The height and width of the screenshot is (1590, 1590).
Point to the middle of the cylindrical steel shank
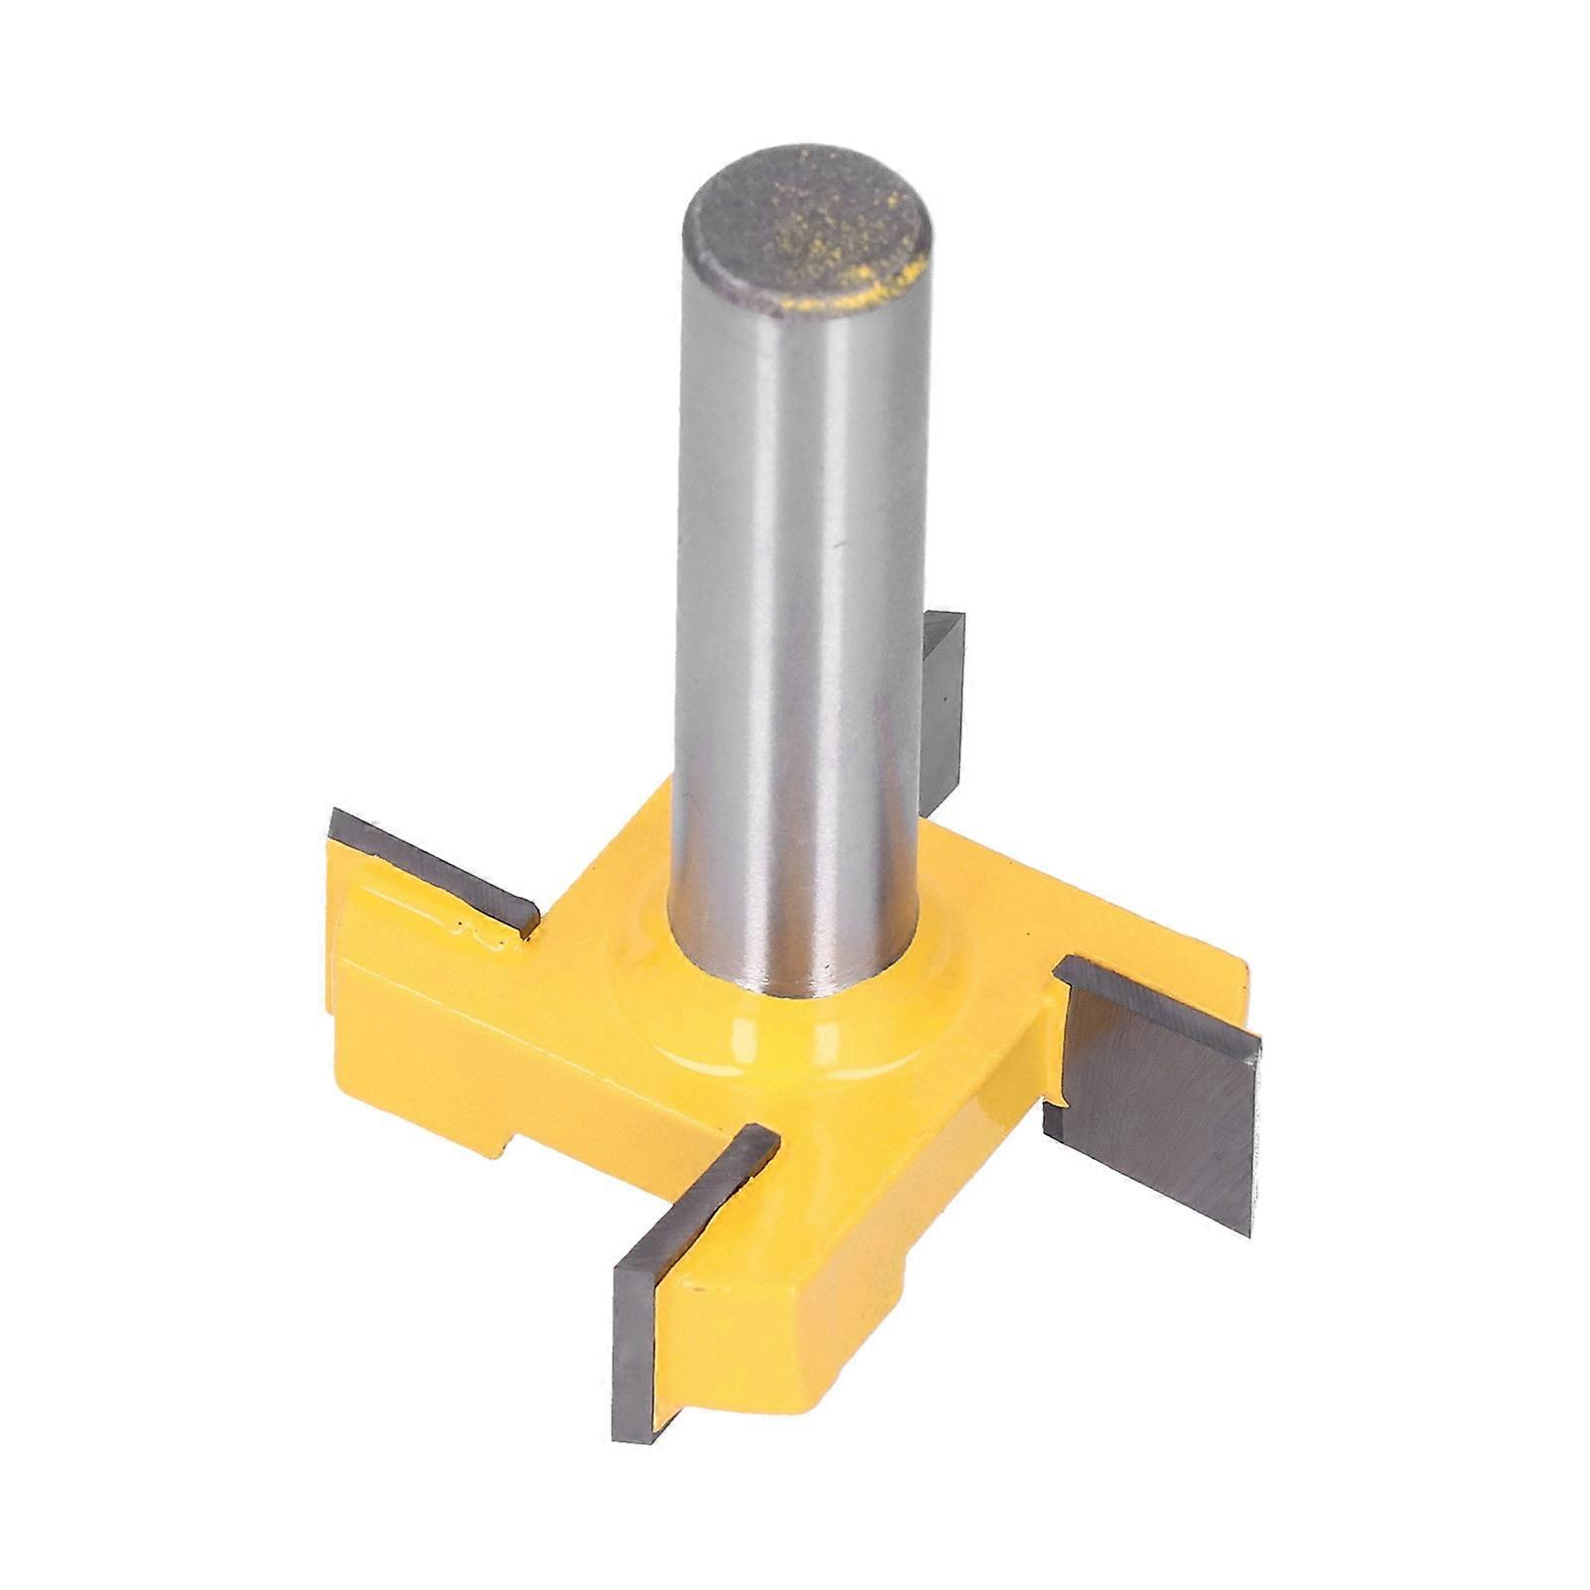(x=804, y=596)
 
